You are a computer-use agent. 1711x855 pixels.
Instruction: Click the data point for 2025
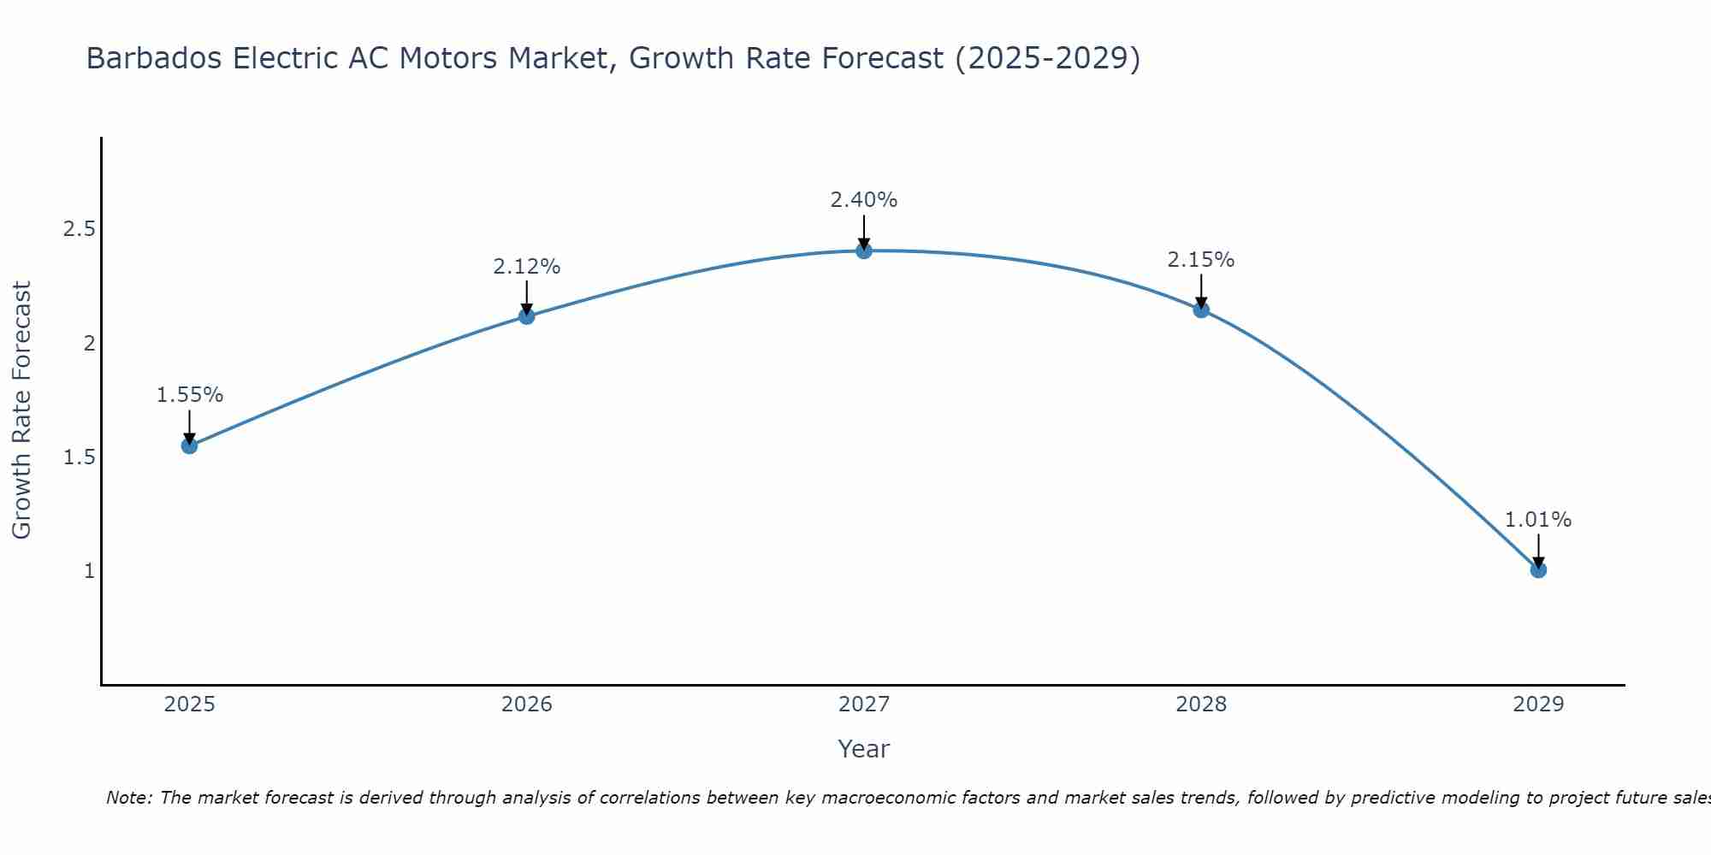click(x=189, y=445)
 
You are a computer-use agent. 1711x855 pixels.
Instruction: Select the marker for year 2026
click(x=526, y=316)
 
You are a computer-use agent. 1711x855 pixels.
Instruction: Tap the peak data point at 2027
click(x=863, y=251)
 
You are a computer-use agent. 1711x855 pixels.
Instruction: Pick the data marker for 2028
click(x=1200, y=310)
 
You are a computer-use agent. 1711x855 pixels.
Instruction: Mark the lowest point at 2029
click(x=1537, y=569)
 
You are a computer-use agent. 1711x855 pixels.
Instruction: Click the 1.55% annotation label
click(x=189, y=395)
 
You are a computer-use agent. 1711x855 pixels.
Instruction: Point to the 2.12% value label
click(x=526, y=267)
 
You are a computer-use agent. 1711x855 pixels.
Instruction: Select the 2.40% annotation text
click(x=863, y=200)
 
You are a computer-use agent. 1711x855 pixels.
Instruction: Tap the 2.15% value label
click(x=1200, y=260)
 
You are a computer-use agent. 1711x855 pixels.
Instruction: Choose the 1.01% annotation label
click(x=1537, y=520)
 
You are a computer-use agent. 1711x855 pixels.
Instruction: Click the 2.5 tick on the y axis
click(x=79, y=229)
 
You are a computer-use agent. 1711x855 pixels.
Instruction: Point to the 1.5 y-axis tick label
click(x=79, y=457)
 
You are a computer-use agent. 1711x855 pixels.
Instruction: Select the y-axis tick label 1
click(x=89, y=570)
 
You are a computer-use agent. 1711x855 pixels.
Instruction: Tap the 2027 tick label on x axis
click(x=863, y=705)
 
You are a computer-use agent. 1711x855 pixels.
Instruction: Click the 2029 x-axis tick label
click(x=1537, y=705)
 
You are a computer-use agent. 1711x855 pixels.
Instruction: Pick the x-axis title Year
click(x=863, y=749)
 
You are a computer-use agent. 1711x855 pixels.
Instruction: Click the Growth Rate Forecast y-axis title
click(x=21, y=410)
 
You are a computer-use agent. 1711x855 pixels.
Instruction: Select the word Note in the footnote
click(x=127, y=798)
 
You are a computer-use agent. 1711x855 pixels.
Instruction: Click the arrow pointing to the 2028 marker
click(x=1200, y=292)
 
